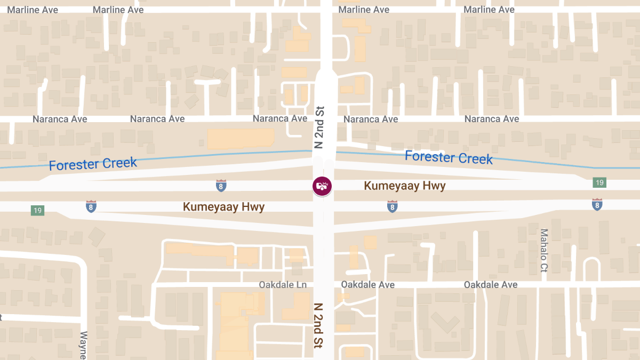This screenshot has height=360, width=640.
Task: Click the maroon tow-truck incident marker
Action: click(x=322, y=186)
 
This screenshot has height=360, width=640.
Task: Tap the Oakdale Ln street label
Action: click(x=283, y=285)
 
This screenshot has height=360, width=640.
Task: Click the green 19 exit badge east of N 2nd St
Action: click(x=599, y=183)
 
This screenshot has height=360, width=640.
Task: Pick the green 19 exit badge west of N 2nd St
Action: click(x=37, y=211)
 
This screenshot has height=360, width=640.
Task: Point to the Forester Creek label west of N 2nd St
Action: click(x=93, y=164)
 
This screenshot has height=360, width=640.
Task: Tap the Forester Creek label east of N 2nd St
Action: click(x=449, y=157)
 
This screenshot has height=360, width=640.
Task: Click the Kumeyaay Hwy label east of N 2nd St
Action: click(x=404, y=186)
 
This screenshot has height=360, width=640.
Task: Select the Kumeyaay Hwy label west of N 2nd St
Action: click(x=223, y=206)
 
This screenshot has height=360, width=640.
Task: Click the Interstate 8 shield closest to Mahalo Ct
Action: click(x=597, y=204)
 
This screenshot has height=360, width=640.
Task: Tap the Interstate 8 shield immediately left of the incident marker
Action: click(x=221, y=185)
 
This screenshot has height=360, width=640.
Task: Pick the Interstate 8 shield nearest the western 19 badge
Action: click(x=91, y=206)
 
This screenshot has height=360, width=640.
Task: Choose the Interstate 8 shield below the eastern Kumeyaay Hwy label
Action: click(x=392, y=206)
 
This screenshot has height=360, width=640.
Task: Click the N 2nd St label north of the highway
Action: click(x=319, y=127)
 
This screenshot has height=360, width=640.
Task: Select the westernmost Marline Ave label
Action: click(x=33, y=10)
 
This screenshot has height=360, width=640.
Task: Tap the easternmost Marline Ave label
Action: click(x=489, y=10)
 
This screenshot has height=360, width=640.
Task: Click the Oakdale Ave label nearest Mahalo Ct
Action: click(x=491, y=285)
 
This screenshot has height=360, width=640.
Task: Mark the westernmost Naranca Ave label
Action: click(x=60, y=119)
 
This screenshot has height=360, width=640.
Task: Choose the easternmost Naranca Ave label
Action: click(x=492, y=119)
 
